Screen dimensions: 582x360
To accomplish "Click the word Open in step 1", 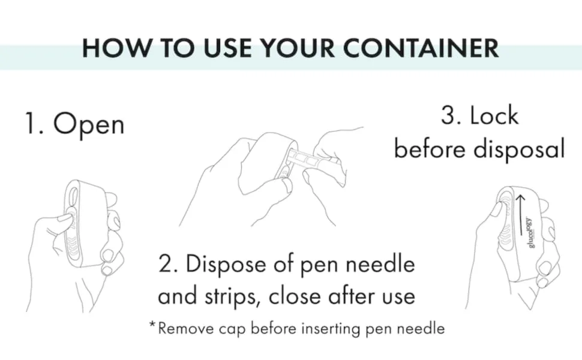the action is tap(89, 125).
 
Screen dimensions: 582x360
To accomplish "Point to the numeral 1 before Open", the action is tap(29, 123).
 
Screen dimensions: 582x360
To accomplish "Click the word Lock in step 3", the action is tap(494, 115).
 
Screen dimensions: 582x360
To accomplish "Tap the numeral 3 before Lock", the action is tap(448, 115).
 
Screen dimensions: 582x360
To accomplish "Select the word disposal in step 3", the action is tap(519, 149).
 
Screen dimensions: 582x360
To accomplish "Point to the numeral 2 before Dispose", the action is tap(166, 264).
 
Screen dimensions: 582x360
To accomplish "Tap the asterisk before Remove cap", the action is tap(152, 324).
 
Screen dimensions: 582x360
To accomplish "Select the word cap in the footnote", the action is tap(232, 329).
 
